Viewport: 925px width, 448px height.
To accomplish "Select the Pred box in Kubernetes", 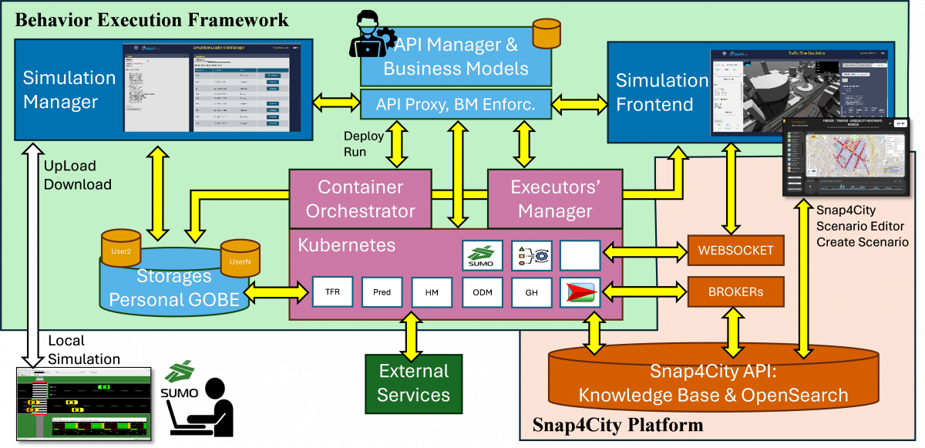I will tap(382, 291).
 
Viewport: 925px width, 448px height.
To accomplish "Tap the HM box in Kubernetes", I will tap(432, 291).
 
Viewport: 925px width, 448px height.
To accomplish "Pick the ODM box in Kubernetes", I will tap(482, 291).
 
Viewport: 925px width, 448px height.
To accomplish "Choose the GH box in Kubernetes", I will tap(532, 291).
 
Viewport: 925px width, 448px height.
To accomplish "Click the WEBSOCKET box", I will tap(735, 250).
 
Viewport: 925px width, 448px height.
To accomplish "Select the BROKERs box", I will tap(735, 292).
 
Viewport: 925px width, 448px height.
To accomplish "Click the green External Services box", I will tap(413, 383).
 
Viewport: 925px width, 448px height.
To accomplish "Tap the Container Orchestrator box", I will tap(361, 198).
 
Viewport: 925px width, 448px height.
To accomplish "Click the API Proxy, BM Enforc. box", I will tap(456, 103).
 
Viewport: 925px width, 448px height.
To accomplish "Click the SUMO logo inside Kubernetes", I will tap(483, 255).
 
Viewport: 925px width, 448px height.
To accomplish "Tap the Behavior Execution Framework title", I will tap(152, 19).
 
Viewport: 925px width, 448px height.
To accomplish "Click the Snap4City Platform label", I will tap(617, 425).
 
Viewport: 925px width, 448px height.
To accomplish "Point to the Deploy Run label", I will tap(356, 143).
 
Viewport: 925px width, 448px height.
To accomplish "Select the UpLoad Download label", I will tap(77, 175).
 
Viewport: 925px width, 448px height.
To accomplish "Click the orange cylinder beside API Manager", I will tap(547, 33).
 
